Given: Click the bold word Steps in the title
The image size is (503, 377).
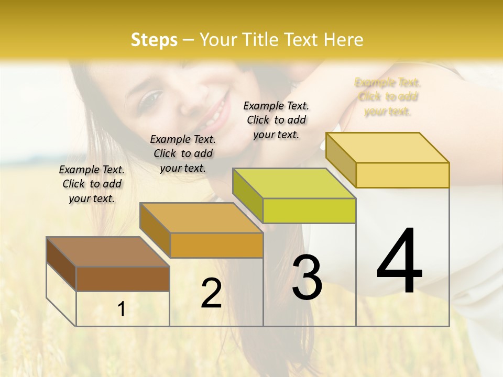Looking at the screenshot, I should point(154,40).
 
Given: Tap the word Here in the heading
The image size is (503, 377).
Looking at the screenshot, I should point(343,40).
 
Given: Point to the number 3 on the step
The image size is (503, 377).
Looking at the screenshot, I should point(307,278).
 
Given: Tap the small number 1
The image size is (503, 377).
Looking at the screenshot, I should point(122,309).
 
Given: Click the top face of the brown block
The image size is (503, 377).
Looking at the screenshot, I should point(107,252).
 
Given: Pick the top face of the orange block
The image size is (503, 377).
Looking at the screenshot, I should point(201,218).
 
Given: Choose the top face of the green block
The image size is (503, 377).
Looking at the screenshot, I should point(294,183).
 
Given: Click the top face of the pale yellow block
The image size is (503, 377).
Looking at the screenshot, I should point(388,148).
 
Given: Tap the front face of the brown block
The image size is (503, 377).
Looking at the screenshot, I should point(123,279).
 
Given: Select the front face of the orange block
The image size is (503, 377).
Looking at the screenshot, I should point(216,245).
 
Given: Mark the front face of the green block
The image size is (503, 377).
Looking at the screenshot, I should point(309,210).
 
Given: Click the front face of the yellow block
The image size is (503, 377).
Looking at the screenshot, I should point(402,175).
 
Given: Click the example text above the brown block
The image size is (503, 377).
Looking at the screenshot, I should point(92,184).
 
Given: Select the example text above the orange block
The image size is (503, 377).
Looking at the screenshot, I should point(183,153).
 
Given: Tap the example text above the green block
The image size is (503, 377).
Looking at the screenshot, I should point(276,120).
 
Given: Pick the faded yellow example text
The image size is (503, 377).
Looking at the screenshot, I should point(388,97).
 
